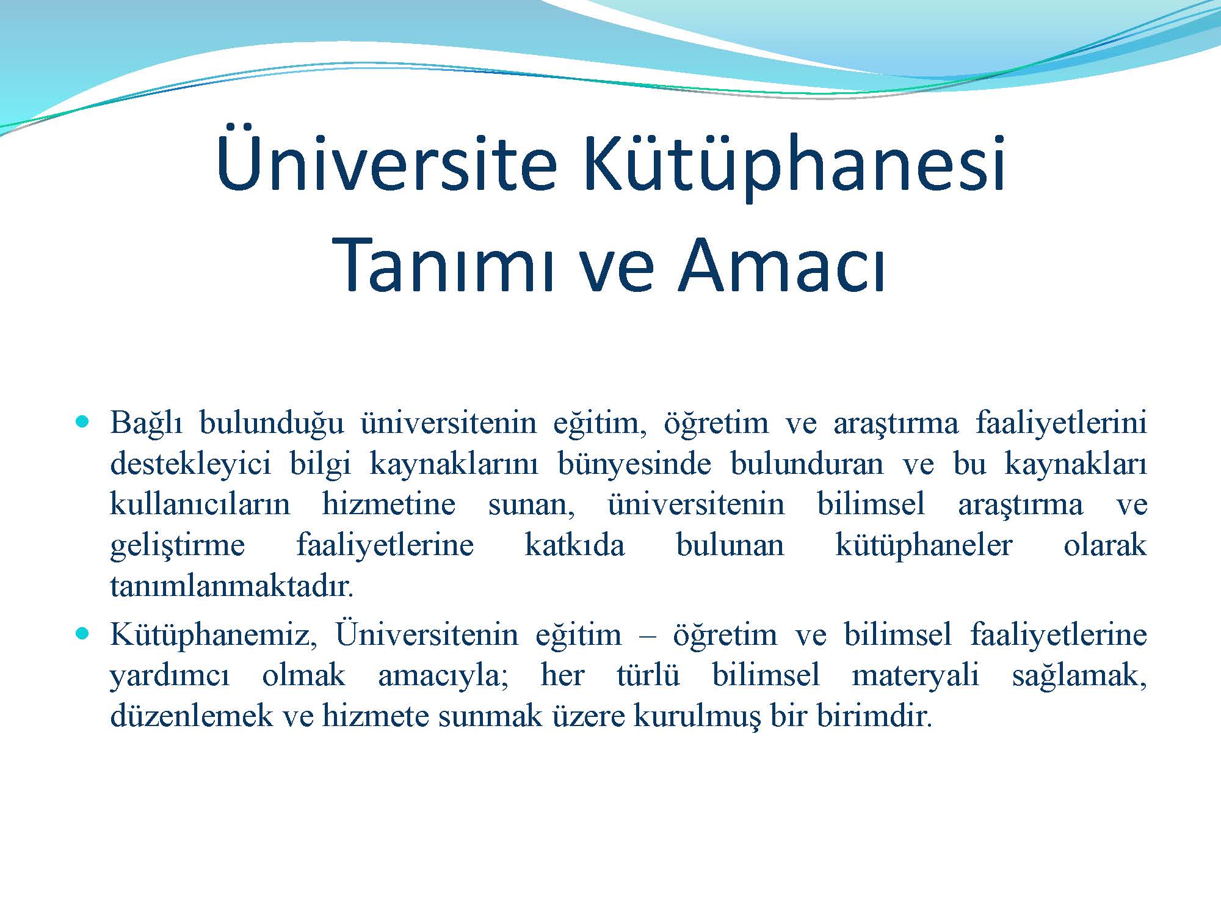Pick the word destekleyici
pyautogui.click(x=190, y=464)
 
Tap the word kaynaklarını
pyautogui.click(x=454, y=464)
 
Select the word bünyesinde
pyautogui.click(x=634, y=464)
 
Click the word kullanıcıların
pyautogui.click(x=200, y=505)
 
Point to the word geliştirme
pyautogui.click(x=177, y=545)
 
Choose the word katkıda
pyautogui.click(x=574, y=545)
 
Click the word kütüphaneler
pyautogui.click(x=924, y=545)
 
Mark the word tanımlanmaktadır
pyautogui.click(x=232, y=586)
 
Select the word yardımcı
pyautogui.click(x=170, y=676)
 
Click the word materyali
pyautogui.click(x=915, y=676)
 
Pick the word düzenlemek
pyautogui.click(x=190, y=716)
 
